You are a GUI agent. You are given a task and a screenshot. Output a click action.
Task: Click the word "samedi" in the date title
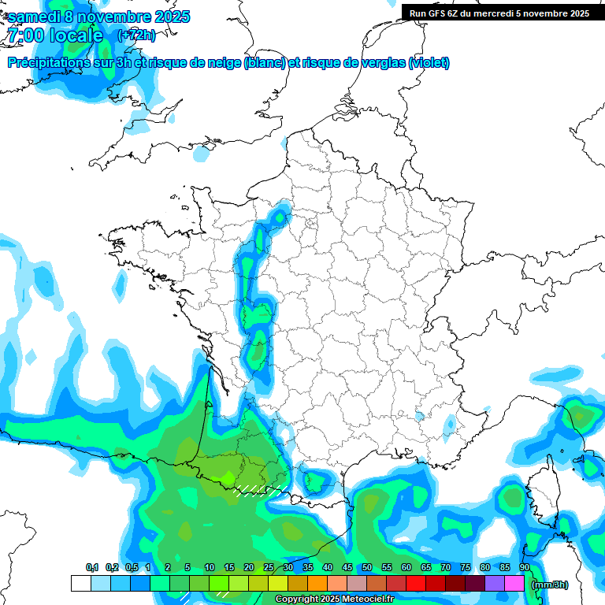[34, 17]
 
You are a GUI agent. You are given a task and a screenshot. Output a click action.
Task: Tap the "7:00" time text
[24, 35]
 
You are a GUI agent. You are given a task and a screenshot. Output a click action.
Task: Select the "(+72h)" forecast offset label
[136, 35]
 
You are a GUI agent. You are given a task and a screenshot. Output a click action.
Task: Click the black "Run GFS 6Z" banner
[496, 13]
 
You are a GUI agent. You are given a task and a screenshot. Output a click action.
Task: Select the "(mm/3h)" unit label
[550, 585]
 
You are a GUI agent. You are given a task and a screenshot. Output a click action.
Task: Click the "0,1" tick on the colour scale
[91, 568]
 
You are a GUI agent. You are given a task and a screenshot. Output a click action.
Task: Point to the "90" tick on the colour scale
[524, 568]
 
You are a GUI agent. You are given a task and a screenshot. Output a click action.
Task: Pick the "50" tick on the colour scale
[367, 568]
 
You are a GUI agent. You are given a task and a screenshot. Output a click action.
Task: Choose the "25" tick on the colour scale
[269, 568]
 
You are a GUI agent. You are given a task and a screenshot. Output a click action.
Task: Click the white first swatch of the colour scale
[80, 584]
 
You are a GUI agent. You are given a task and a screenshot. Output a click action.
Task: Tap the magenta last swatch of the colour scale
[514, 584]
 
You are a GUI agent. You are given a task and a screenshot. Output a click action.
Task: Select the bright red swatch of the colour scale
[415, 584]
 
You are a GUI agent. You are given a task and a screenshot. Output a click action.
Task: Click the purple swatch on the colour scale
[494, 584]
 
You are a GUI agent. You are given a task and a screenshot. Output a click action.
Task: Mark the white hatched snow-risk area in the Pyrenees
[258, 490]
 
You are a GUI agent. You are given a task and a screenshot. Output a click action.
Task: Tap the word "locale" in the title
[76, 35]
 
